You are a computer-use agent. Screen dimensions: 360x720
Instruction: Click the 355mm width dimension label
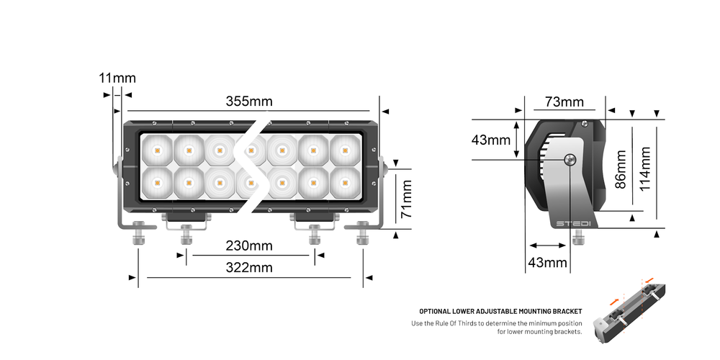click(x=249, y=102)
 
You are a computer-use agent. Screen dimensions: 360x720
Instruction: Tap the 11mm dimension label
click(x=117, y=78)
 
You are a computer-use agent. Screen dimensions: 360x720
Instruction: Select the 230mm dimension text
click(x=249, y=246)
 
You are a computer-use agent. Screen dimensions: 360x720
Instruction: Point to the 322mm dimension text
click(x=249, y=268)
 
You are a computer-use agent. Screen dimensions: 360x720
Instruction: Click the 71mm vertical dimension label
click(x=408, y=199)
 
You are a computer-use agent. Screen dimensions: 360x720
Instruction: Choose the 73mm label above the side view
click(x=564, y=102)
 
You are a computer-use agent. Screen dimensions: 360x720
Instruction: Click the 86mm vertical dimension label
click(x=621, y=169)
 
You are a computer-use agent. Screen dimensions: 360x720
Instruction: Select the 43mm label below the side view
click(x=548, y=263)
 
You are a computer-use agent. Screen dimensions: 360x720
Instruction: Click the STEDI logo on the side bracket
click(x=573, y=223)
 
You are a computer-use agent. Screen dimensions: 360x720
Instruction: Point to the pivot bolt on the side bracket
click(x=570, y=161)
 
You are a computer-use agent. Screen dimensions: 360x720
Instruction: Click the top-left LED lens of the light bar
click(x=156, y=150)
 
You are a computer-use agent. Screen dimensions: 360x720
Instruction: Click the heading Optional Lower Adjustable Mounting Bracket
click(x=500, y=312)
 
